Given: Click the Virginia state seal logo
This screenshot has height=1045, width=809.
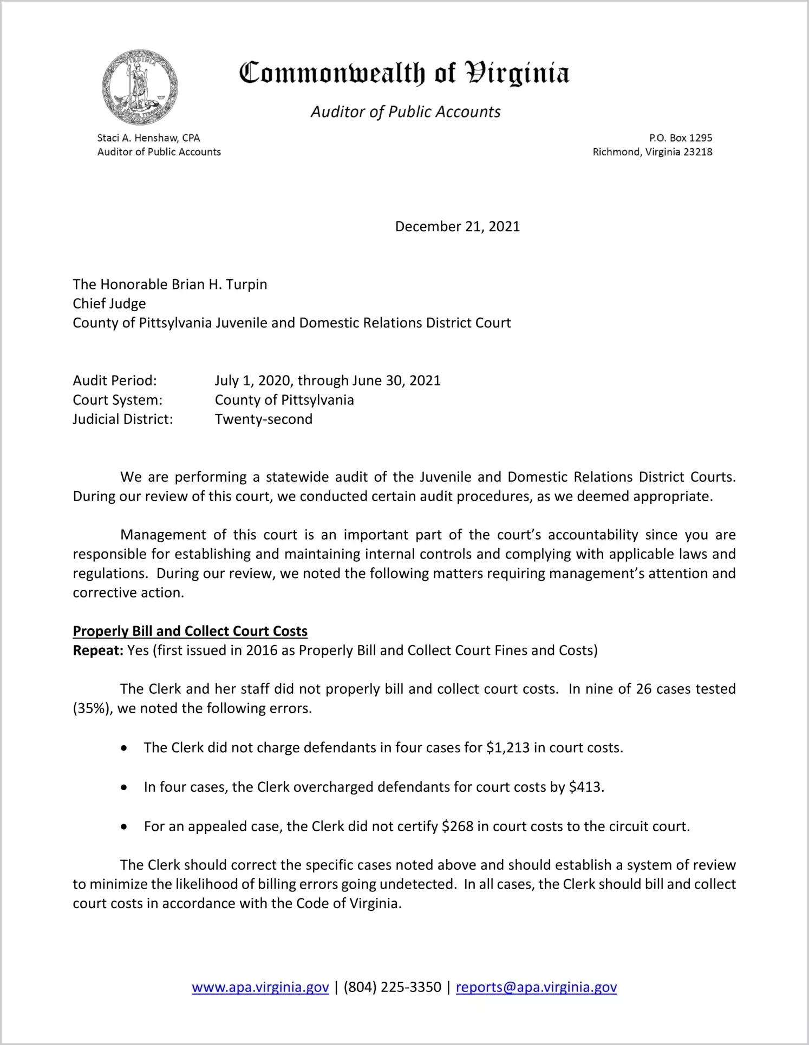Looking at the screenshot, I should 140,87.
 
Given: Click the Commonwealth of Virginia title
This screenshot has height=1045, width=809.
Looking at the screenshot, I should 404,73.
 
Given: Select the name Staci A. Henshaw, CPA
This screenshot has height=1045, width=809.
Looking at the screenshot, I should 148,138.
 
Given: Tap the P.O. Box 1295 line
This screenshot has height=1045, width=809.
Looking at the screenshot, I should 681,138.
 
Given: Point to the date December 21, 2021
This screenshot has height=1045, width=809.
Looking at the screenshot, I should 457,226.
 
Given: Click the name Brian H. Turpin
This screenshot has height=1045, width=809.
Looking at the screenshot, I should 219,285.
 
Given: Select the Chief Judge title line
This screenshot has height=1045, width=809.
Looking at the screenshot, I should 109,304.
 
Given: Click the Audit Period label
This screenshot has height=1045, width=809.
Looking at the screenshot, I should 115,380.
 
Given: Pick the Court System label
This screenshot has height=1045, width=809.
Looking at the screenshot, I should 118,400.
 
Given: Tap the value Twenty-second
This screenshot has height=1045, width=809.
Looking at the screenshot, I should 264,419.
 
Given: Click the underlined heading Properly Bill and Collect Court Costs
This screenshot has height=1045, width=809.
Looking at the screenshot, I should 190,631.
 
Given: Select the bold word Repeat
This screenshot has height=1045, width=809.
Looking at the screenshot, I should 98,650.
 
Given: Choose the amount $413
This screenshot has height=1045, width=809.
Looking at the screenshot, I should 586,787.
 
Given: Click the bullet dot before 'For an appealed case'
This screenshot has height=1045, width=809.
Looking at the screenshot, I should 125,827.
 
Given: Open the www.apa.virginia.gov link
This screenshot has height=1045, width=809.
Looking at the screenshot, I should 260,987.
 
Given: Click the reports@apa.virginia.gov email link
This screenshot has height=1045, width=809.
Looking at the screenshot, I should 536,987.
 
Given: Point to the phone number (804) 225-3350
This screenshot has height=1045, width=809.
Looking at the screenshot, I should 392,987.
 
